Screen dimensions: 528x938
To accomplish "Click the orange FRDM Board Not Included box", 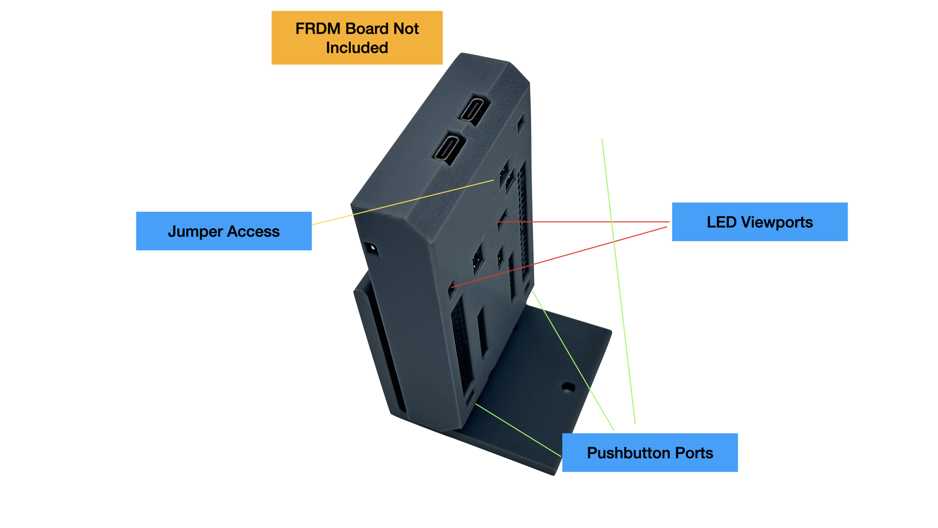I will coord(357,38).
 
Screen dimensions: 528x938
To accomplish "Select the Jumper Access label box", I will coord(224,231).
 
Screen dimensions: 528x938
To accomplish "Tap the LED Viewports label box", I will coord(760,222).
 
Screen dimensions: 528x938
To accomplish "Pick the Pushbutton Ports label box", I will coord(650,453).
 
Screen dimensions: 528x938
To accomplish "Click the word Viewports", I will coord(777,222).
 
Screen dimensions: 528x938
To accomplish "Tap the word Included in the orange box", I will coord(357,48).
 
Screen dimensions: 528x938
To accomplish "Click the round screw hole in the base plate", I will coord(567,387).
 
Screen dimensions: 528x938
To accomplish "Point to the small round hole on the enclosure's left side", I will coord(372,248).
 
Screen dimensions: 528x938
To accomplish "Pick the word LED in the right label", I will coord(722,222).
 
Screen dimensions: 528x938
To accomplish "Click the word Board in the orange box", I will coord(367,29).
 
